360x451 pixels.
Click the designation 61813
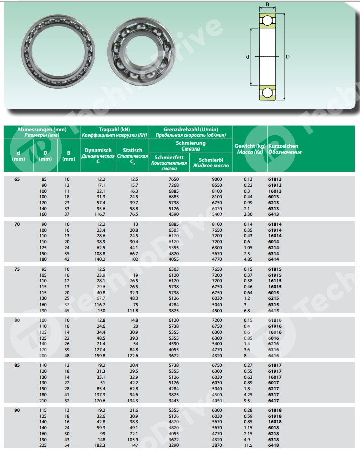[x=275, y=179]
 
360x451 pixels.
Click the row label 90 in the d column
[x=18, y=411]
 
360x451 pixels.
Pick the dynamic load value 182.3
[x=100, y=445]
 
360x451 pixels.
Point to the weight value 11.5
[x=248, y=445]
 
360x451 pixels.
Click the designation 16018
[x=275, y=422]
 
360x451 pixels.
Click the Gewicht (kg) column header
[x=250, y=148]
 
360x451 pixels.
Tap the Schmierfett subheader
[x=169, y=163]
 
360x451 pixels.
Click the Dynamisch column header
[x=98, y=156]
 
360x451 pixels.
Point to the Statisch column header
[x=132, y=156]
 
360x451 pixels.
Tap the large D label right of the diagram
[x=287, y=57]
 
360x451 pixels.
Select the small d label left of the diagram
[x=248, y=57]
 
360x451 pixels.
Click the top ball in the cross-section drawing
[x=267, y=21]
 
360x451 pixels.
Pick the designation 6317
[x=274, y=394]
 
